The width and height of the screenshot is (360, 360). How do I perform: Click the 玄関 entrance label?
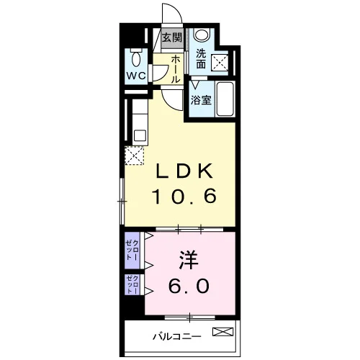click(172, 37)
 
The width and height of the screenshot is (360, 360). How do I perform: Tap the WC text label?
click(136, 76)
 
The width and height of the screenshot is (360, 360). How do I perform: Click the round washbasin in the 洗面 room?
click(202, 34)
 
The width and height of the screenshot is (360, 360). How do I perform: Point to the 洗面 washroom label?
click(201, 58)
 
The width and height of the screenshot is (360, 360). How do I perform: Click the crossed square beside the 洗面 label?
click(220, 63)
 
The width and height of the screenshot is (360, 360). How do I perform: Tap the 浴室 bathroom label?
click(201, 100)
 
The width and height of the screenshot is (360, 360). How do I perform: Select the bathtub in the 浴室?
click(225, 99)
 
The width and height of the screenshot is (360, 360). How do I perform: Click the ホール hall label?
click(176, 69)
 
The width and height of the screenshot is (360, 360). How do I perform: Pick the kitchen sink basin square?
click(140, 135)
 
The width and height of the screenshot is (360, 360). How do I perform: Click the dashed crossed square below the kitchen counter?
click(135, 156)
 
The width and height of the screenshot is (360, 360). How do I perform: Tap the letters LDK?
click(184, 171)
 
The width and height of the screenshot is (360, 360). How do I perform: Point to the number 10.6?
click(184, 196)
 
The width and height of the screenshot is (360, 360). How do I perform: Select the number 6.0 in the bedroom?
click(189, 286)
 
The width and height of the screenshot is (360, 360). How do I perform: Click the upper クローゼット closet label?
click(132, 250)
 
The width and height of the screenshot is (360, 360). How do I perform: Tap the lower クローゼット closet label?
click(132, 284)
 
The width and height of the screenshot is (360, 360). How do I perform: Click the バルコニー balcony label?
click(177, 336)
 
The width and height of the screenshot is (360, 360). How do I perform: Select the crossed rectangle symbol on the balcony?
click(222, 331)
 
